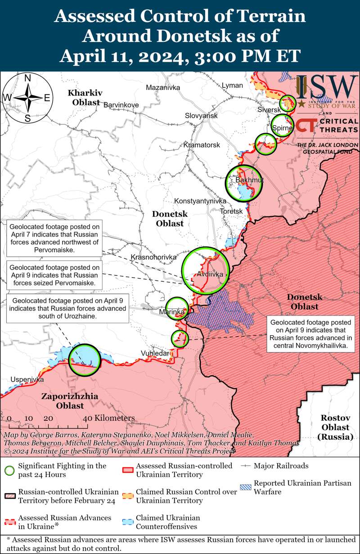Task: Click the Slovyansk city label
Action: coord(201,116)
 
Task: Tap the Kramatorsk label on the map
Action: coord(202,145)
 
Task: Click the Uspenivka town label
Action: coord(27,379)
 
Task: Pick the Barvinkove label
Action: coord(121,105)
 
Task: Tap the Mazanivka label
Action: coord(161,87)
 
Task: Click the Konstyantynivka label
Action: coord(199,201)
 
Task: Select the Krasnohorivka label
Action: coord(153,257)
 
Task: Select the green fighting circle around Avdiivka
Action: coord(205,270)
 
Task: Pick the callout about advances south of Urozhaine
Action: coord(67,309)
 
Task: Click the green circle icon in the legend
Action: coord(10,470)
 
